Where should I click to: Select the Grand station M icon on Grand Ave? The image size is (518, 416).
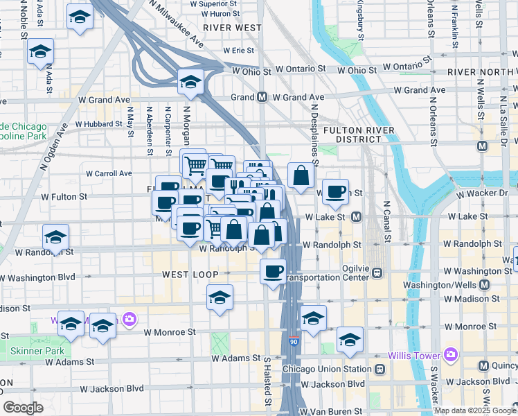(262, 97)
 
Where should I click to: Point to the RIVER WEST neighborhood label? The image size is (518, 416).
(233, 28)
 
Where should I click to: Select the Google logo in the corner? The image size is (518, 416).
(24, 408)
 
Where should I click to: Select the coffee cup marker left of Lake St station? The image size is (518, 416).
(337, 192)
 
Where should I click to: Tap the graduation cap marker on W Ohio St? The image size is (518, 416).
(189, 82)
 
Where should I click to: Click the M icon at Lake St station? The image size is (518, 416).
(356, 217)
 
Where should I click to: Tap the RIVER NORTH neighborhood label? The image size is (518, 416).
(479, 72)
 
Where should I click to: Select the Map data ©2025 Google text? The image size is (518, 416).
(475, 410)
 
